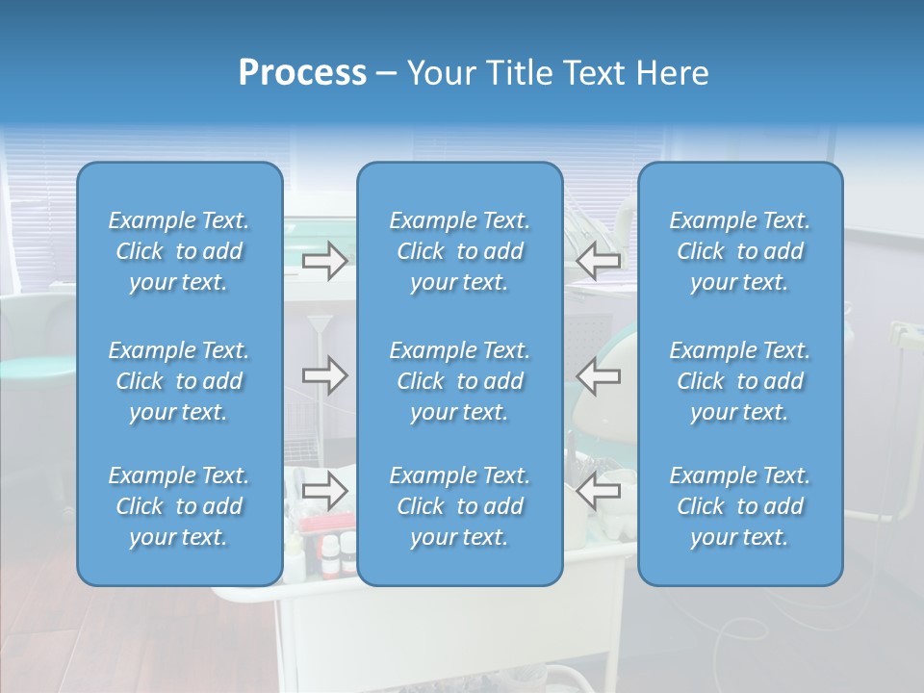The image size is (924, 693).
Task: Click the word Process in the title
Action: coord(302,73)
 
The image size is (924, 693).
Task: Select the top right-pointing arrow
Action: coord(325,261)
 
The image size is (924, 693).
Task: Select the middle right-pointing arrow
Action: coord(325,375)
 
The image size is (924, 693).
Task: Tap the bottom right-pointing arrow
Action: coord(325,491)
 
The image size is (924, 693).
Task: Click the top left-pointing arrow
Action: coord(598,261)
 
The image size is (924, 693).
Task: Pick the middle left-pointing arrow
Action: coord(598,375)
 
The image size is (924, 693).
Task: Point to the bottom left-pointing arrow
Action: coord(598,491)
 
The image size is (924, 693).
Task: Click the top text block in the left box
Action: coord(179,251)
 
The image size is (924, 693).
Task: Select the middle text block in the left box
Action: coord(179,381)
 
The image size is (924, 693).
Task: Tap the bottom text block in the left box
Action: coord(179,506)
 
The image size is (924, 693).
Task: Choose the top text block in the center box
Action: coord(460,251)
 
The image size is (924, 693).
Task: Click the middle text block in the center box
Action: coord(460,381)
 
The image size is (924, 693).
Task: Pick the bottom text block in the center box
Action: coord(460,506)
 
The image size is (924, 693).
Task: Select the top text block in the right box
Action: coord(740,251)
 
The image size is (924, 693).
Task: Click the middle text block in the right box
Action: coord(740,381)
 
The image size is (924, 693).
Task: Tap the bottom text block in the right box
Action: coord(740,506)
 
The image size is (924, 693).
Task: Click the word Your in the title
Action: coord(442,73)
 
